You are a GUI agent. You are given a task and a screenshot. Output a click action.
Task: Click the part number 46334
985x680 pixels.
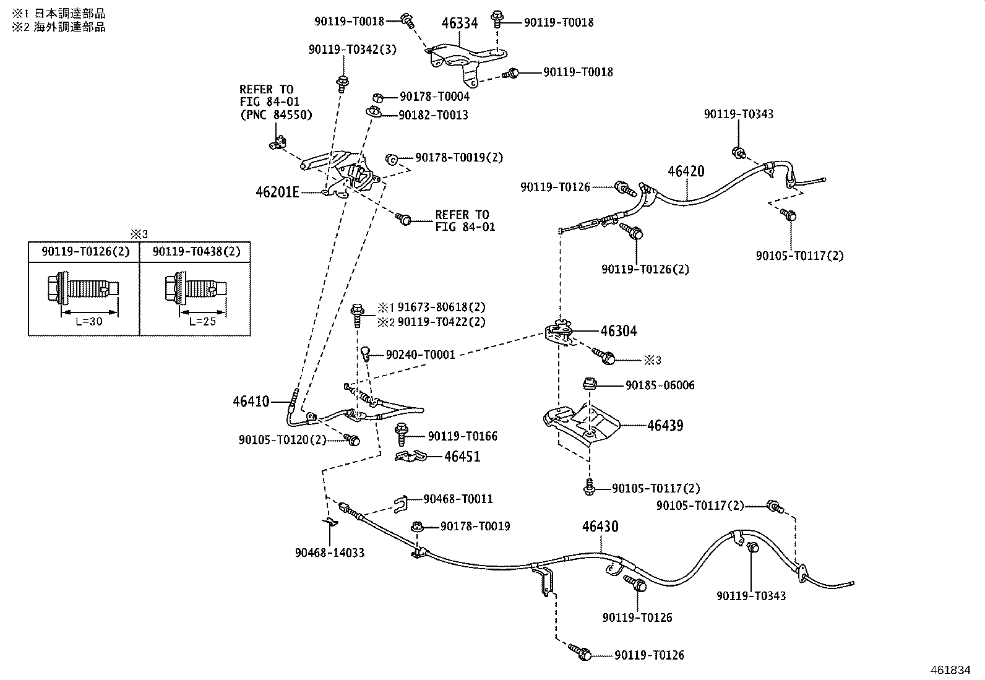460,22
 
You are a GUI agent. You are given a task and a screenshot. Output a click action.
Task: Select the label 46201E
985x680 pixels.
277,192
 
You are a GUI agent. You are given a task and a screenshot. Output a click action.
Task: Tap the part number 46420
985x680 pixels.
686,171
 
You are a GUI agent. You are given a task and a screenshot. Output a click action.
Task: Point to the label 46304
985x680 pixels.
619,331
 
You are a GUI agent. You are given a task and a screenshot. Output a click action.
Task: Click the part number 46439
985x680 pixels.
665,425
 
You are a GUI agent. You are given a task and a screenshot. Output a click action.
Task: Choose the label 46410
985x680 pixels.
251,401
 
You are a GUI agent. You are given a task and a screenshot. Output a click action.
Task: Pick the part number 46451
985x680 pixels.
462,457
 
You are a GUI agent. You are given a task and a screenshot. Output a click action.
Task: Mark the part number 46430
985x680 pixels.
600,526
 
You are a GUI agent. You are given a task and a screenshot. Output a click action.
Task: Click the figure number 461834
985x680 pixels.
950,670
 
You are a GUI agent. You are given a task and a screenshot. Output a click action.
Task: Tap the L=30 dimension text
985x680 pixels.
89,322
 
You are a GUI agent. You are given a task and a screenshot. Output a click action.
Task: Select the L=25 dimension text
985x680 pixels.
202,322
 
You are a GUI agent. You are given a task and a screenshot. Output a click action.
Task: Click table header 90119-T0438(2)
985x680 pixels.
197,252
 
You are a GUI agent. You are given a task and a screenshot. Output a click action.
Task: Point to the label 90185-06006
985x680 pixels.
660,385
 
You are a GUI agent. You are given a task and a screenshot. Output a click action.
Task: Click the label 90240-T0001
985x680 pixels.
420,355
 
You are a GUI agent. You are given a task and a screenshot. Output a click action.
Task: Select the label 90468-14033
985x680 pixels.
330,553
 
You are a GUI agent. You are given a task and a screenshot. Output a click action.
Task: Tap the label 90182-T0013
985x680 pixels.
433,115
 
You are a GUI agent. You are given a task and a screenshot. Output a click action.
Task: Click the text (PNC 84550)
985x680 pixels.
276,115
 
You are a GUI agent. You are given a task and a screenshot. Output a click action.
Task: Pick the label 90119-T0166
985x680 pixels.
463,436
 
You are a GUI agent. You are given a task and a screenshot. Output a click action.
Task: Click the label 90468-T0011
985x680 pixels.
458,499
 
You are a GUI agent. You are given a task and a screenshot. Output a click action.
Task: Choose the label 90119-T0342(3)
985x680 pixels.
352,49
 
